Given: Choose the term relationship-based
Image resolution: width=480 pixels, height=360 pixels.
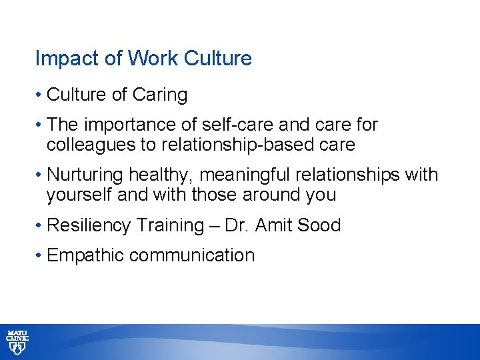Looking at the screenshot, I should click(253, 144).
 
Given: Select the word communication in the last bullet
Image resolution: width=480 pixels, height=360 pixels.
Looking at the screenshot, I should click(191, 255).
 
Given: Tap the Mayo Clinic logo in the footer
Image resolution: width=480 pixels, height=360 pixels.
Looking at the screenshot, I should click(18, 341).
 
